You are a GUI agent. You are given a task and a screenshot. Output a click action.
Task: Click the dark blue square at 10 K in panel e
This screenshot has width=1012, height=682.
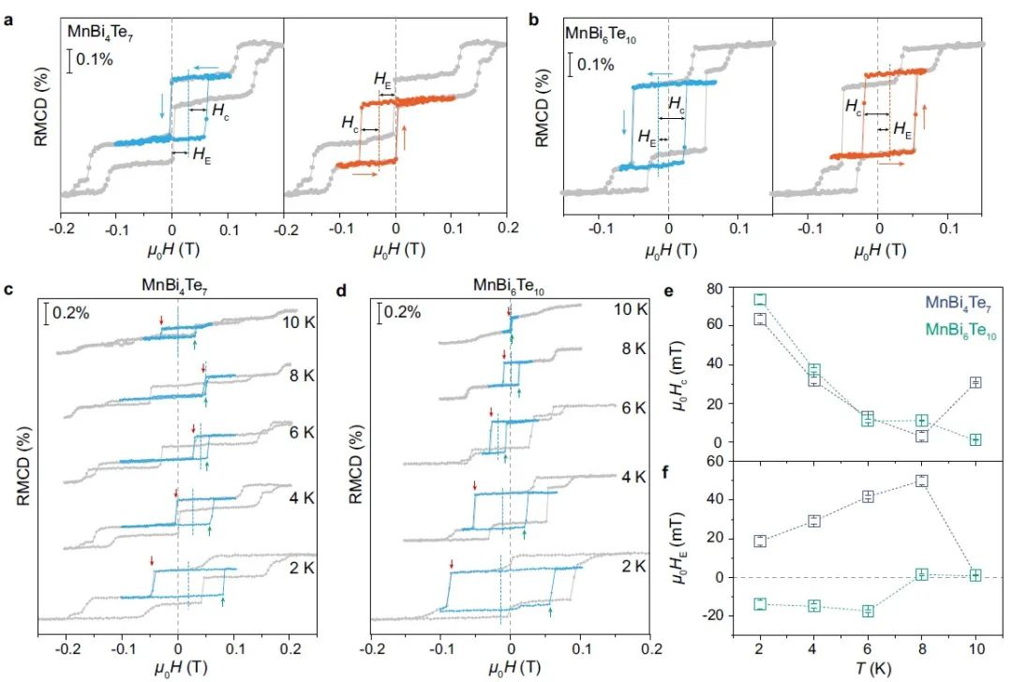pos(975,382)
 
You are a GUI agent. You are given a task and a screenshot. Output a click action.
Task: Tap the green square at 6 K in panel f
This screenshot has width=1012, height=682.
pos(868,611)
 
